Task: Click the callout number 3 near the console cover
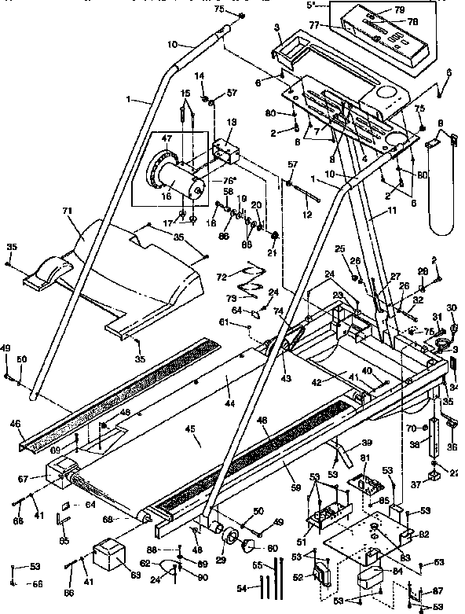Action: (x=277, y=28)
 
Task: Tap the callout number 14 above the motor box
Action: (x=199, y=75)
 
